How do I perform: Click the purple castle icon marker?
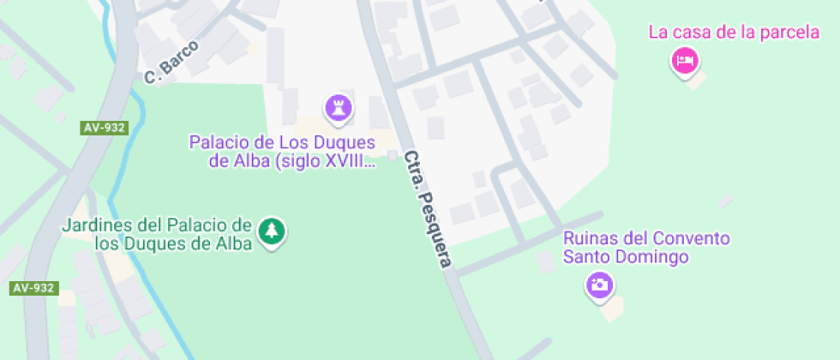tap(339, 108)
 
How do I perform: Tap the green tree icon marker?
tap(272, 231)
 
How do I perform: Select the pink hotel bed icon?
tap(685, 60)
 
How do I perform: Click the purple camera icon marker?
tap(599, 285)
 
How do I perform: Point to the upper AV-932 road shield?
tap(105, 128)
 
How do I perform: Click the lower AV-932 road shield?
tap(33, 288)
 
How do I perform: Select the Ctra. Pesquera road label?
tap(427, 209)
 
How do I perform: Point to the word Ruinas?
tap(590, 238)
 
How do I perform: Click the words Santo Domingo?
tap(627, 256)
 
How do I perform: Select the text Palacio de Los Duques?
tap(282, 141)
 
